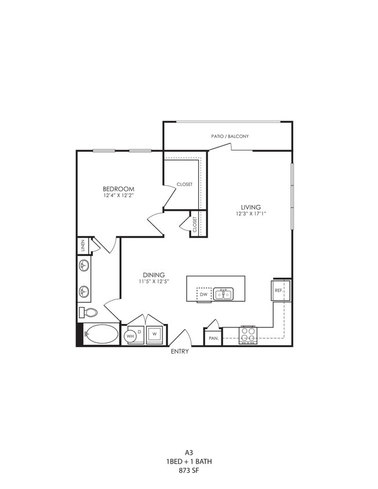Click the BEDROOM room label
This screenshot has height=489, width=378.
tap(118, 189)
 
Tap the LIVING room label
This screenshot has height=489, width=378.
tap(251, 207)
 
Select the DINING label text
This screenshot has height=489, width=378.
tap(154, 275)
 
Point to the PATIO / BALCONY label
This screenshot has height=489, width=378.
tap(230, 137)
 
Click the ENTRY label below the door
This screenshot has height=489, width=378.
tap(179, 352)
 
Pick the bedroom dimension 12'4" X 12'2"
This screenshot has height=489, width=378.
tap(118, 196)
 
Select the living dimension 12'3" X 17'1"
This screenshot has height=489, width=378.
tap(251, 214)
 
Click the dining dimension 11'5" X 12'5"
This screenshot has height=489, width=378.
tap(154, 282)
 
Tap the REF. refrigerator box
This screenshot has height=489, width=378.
tap(279, 290)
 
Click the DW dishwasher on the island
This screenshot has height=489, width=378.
tap(203, 294)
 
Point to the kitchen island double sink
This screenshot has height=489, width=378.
tap(223, 294)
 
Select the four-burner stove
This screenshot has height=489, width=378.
tap(248, 334)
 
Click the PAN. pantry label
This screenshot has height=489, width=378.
tap(212, 338)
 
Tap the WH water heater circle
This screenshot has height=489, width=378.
tap(131, 335)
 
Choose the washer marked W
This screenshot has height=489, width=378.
tap(155, 334)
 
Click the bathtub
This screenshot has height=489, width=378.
tap(101, 334)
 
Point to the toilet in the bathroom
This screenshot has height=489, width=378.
tap(89, 313)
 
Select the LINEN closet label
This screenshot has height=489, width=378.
tap(83, 246)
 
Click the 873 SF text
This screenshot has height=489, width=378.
tap(187, 470)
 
